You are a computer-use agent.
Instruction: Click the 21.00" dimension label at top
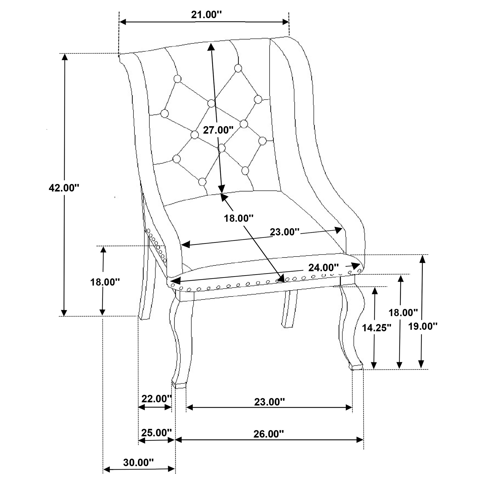[x=206, y=15]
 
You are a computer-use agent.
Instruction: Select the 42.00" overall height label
[x=64, y=188]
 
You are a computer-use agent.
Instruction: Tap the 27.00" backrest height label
[x=218, y=130]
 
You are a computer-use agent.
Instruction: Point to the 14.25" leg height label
[x=376, y=328]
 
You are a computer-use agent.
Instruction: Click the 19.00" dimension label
[x=423, y=326]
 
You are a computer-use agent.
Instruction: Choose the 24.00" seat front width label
[x=323, y=268]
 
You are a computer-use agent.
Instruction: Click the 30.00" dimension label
[x=138, y=463]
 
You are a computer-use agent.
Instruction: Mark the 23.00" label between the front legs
[x=269, y=402]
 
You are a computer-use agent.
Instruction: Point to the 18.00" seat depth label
[x=238, y=218]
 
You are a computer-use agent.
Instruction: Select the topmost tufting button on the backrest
[x=238, y=68]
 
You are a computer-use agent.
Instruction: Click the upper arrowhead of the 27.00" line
[x=211, y=46]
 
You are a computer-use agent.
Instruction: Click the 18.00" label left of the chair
[x=105, y=282]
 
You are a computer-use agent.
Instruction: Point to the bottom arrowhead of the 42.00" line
[x=64, y=313]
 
